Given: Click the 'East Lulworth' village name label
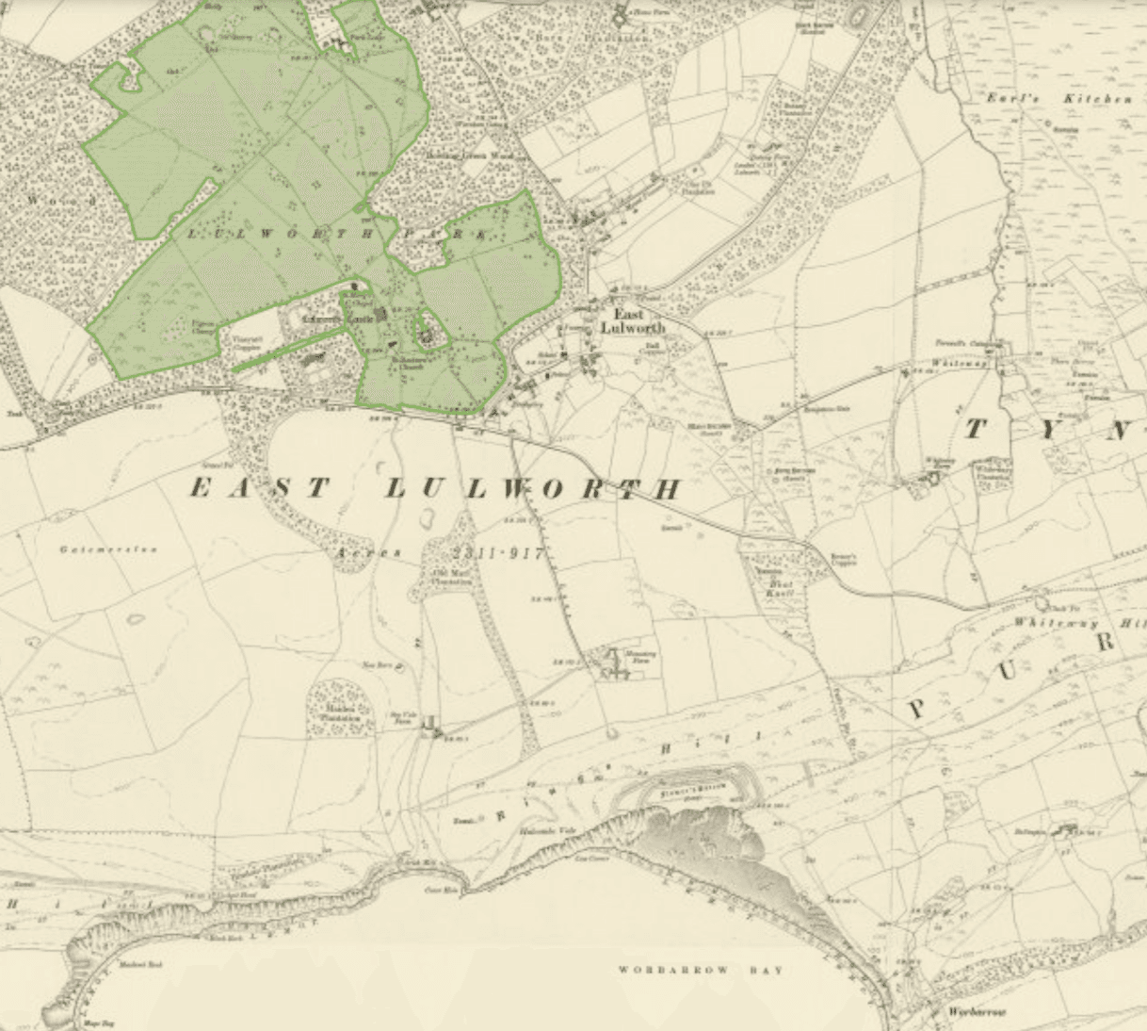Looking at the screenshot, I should point(632,320).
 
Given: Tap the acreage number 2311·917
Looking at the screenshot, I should point(497,553).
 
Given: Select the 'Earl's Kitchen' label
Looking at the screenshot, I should point(1058,99).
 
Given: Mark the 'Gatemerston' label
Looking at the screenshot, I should point(108,549).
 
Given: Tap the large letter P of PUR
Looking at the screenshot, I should point(915,709).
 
